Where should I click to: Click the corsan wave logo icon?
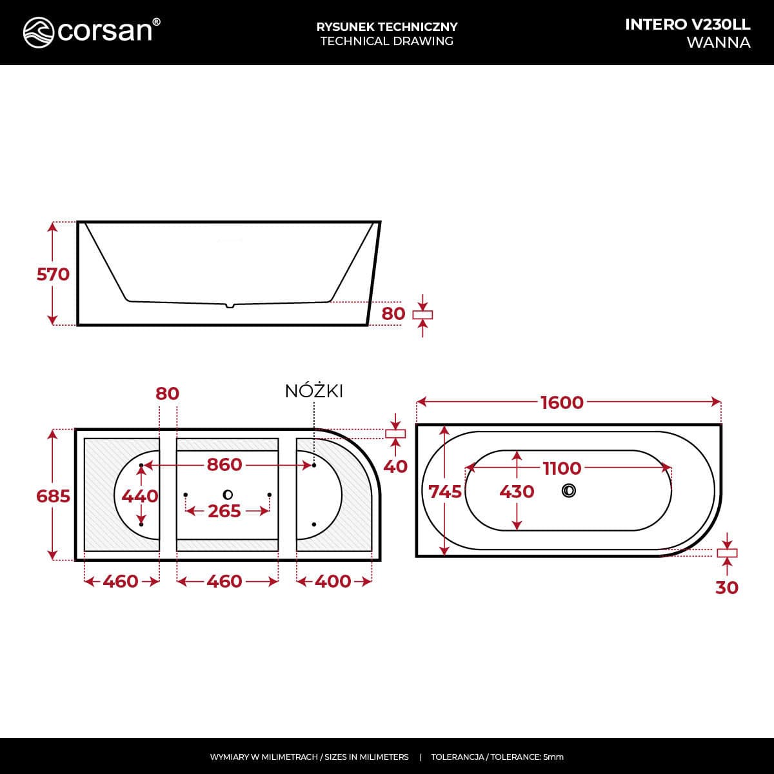pos(39,32)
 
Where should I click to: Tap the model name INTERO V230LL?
pos(687,25)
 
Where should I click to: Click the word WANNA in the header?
pos(718,43)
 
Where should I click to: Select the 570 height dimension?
pos(53,274)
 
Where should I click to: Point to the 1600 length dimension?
pos(562,402)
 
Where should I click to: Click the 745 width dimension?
pos(445,491)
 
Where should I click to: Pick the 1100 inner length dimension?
pos(562,468)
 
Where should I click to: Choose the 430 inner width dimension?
pos(517,491)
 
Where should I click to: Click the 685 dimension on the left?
pos(53,497)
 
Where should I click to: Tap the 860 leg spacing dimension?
pos(224,464)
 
